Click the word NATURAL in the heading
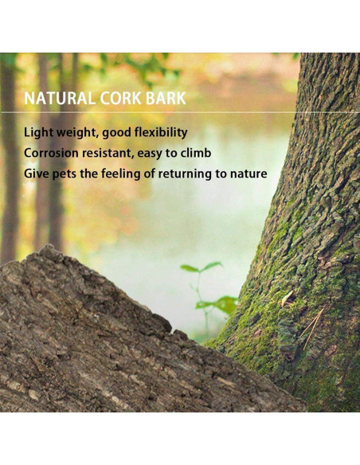click(60, 99)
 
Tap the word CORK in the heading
click(122, 99)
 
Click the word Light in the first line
click(38, 132)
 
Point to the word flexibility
click(158, 132)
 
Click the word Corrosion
click(53, 153)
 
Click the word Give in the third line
click(37, 174)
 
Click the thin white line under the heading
click(159, 112)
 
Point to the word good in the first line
click(115, 132)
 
